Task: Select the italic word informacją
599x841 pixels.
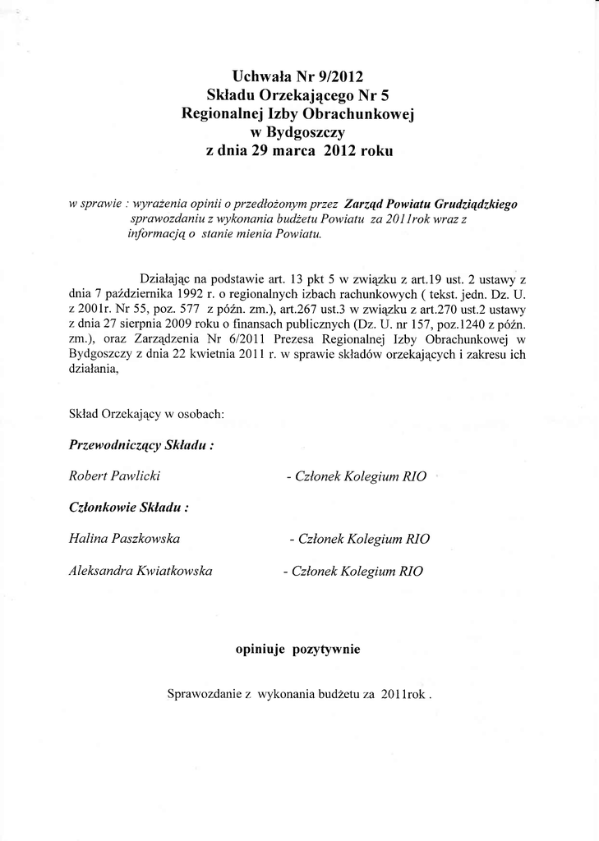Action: tap(157, 233)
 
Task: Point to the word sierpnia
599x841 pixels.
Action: tap(137, 324)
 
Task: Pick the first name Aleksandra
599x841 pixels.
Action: tap(103, 570)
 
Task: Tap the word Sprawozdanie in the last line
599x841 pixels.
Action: tap(205, 694)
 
